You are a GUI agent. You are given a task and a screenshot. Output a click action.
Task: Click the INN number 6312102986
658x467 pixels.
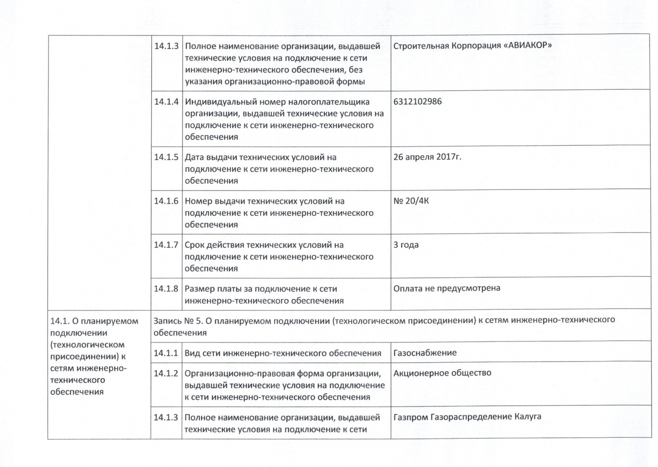417,102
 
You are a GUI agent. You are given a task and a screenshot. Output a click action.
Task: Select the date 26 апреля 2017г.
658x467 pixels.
427,157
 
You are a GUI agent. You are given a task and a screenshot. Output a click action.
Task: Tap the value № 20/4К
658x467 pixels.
411,201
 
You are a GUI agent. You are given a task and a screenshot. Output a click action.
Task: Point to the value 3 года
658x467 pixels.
406,245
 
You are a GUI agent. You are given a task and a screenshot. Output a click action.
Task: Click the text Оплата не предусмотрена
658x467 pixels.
446,288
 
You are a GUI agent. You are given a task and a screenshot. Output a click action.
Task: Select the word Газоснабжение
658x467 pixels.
425,353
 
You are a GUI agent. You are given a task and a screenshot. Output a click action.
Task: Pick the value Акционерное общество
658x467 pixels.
442,373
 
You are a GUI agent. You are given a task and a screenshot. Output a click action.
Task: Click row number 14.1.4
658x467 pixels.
166,102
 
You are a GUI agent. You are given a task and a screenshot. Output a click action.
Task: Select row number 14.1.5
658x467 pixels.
166,157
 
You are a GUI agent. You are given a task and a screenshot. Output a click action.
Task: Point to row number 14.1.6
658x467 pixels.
166,201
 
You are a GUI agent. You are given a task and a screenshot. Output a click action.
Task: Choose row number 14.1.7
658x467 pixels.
166,245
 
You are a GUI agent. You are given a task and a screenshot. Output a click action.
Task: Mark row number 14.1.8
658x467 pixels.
166,289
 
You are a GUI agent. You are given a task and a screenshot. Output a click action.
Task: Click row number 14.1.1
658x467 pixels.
166,353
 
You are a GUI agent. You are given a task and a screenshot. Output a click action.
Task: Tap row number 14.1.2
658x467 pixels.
166,374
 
